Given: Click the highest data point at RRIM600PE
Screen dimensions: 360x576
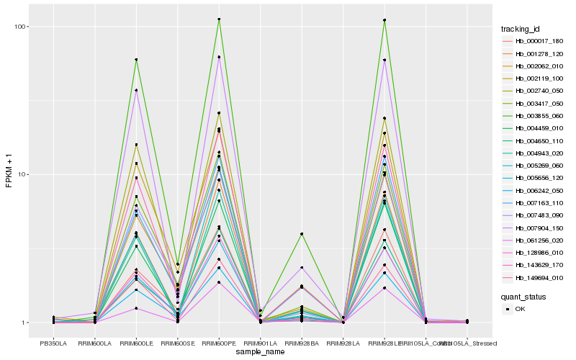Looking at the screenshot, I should (x=219, y=19).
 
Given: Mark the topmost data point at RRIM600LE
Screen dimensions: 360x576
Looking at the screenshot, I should (x=136, y=60).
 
